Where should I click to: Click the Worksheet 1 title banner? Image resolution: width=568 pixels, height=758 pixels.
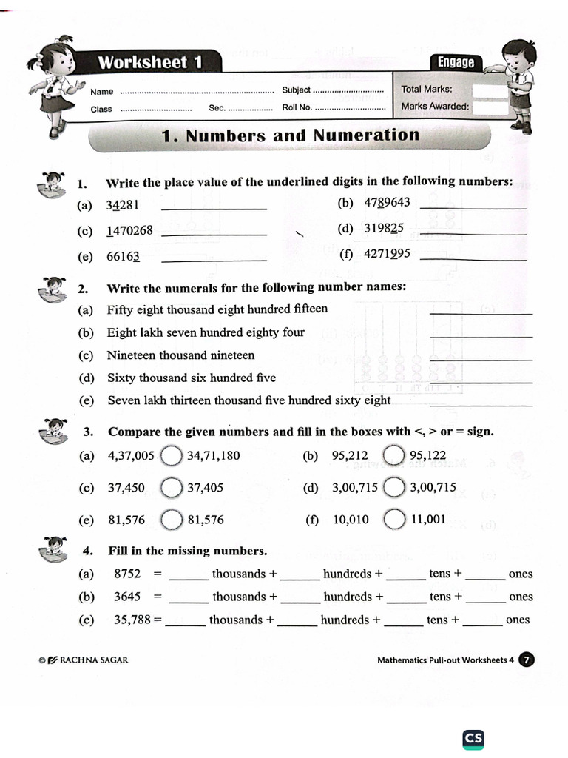[150, 62]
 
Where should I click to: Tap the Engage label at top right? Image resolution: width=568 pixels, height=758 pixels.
[456, 62]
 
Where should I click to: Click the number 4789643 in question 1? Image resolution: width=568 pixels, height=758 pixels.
[387, 203]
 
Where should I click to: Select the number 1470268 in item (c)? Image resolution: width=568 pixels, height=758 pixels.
[129, 230]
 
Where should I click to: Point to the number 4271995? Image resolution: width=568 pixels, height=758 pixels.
[387, 254]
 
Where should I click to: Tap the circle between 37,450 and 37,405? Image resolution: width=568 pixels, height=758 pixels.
[172, 488]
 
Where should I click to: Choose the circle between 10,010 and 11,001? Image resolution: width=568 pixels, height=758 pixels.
[394, 520]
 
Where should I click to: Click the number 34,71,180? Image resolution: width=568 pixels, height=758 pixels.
[214, 455]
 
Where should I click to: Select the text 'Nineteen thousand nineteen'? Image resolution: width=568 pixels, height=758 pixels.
[180, 355]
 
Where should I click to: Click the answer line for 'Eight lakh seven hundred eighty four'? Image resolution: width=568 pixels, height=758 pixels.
[481, 337]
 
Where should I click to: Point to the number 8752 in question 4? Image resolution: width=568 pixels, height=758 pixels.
[127, 574]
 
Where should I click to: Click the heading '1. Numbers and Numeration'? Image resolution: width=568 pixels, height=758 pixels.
[290, 135]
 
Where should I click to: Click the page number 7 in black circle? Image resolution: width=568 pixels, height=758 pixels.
[527, 660]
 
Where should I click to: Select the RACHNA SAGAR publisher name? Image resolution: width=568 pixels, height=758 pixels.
[92, 660]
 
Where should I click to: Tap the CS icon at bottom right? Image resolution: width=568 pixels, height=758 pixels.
[473, 739]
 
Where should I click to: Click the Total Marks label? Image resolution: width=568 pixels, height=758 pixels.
[427, 89]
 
